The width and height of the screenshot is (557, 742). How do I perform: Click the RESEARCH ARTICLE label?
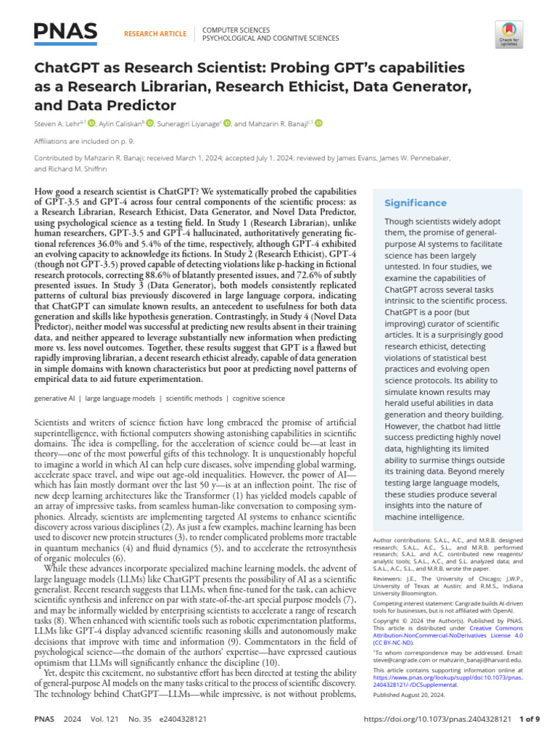coord(155,33)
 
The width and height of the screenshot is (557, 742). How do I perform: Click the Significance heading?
coord(416,203)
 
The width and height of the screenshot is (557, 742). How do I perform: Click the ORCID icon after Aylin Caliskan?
coord(150,123)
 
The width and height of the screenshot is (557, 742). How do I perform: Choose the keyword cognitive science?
coord(259,399)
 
